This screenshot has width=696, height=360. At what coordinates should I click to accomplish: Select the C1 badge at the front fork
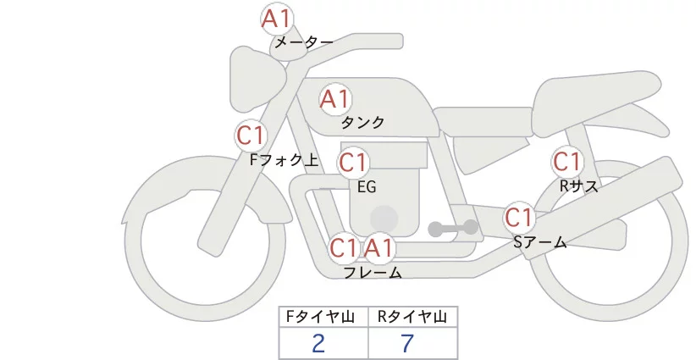[251, 135]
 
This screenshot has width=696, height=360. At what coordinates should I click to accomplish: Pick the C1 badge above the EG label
[353, 162]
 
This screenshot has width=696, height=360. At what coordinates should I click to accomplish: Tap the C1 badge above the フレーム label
[344, 248]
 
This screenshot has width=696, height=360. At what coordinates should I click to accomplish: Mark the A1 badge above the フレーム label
[379, 248]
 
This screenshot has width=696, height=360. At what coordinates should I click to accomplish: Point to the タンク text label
[362, 122]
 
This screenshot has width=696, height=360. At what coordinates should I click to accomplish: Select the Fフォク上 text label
[284, 158]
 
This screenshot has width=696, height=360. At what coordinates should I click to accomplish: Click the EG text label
[367, 186]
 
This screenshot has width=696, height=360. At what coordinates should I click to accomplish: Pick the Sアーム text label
[539, 242]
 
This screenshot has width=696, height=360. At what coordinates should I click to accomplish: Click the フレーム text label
[373, 273]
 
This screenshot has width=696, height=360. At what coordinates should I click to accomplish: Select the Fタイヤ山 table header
[323, 317]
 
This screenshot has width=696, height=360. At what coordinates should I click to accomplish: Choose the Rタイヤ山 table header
[412, 317]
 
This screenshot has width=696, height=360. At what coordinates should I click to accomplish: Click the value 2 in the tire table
[318, 343]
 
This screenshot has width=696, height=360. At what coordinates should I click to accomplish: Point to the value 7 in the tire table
[407, 343]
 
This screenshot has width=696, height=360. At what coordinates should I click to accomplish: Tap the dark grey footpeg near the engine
[454, 228]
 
